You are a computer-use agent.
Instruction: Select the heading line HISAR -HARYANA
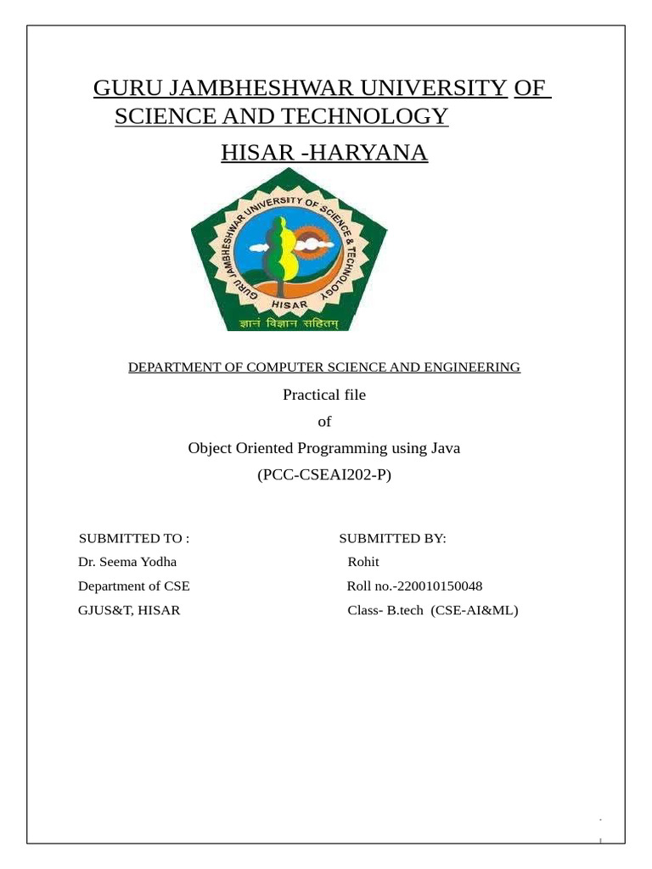[324, 153]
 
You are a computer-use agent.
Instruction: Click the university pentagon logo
[289, 250]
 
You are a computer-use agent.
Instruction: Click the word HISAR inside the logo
[289, 303]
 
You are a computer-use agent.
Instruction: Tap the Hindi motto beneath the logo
[289, 322]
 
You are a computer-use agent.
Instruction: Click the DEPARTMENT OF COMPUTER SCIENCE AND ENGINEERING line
[324, 367]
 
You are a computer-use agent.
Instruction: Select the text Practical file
[323, 395]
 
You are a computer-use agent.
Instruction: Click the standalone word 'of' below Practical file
[323, 422]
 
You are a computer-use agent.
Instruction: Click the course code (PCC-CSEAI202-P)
[324, 475]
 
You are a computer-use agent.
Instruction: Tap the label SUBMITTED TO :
[133, 538]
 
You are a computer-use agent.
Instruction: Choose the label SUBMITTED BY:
[392, 538]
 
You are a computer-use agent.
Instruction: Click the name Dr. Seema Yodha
[127, 562]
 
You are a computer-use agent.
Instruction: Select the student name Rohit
[363, 562]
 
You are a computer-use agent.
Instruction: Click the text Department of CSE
[134, 586]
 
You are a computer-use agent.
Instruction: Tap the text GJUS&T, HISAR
[129, 609]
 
